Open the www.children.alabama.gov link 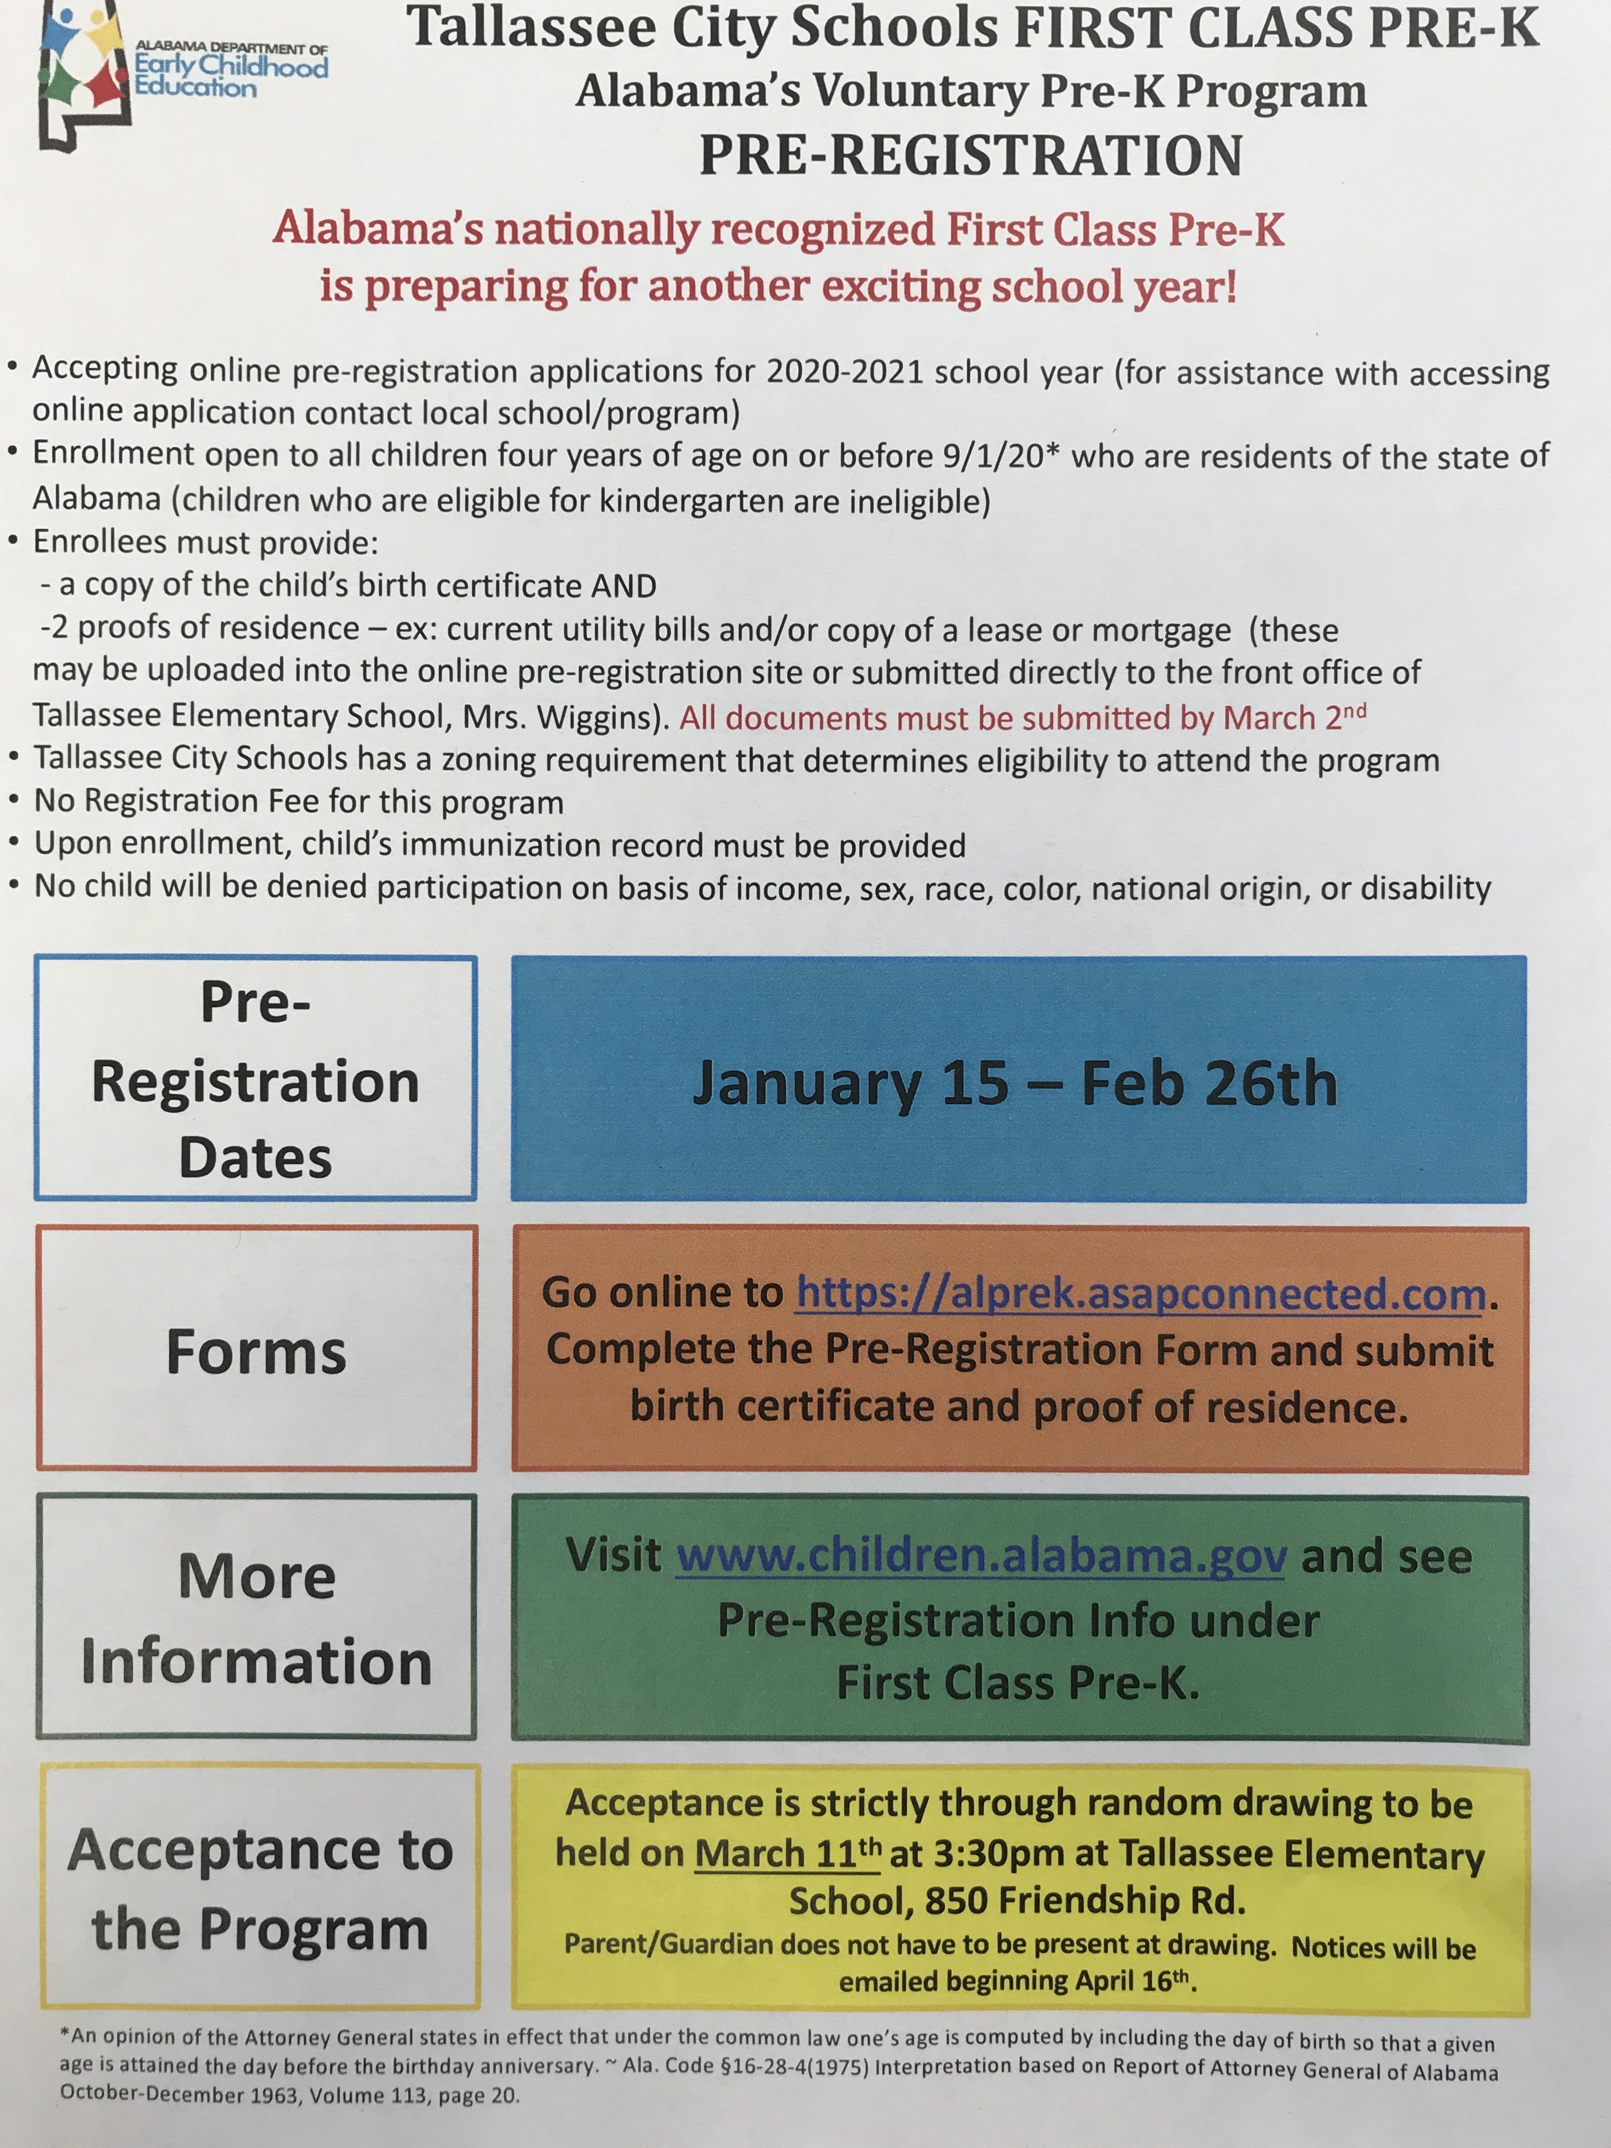tap(981, 1556)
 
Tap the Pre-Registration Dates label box tap(256, 1078)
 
